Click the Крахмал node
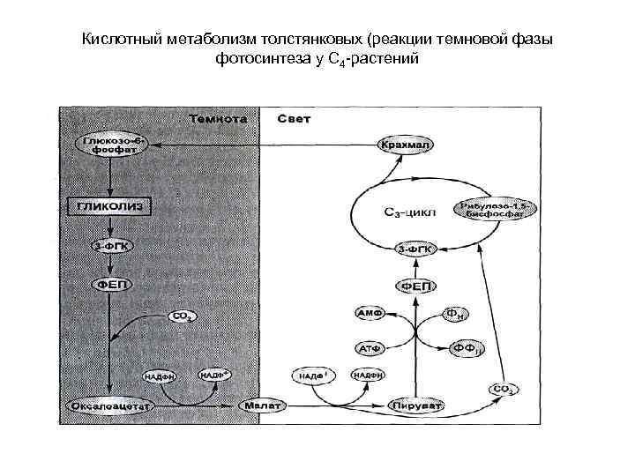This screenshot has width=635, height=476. click(x=402, y=144)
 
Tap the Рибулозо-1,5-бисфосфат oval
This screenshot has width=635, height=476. click(x=488, y=210)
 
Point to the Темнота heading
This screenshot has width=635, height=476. click(x=216, y=118)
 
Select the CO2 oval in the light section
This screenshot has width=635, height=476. click(x=503, y=388)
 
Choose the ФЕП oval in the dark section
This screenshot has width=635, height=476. click(x=110, y=284)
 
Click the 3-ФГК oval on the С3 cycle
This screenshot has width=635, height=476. click(x=415, y=249)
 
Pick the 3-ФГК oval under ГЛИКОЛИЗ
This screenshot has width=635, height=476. click(x=110, y=246)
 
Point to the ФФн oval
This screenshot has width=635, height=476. click(x=467, y=350)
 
